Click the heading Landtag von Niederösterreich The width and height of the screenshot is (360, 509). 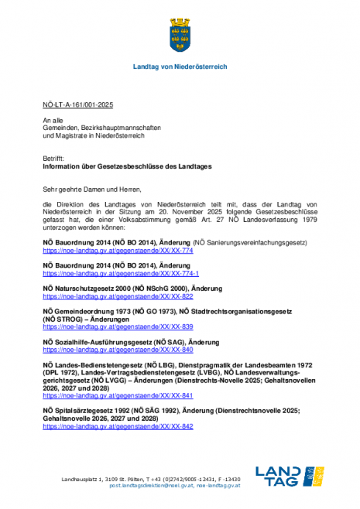(180, 68)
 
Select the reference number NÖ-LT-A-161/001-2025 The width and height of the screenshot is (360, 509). (77, 104)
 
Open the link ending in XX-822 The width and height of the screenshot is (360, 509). (117, 296)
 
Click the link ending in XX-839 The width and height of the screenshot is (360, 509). (117, 326)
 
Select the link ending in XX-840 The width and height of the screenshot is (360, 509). (117, 350)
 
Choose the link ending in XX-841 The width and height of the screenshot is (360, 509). (117, 395)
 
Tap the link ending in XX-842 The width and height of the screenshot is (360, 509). (117, 426)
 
